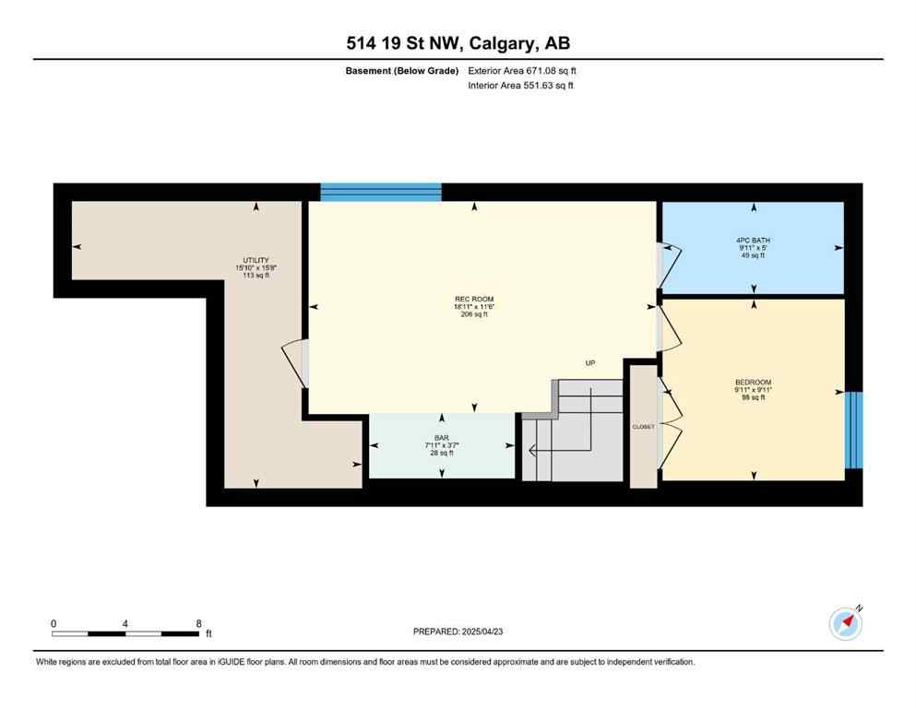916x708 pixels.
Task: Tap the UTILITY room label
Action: pyautogui.click(x=256, y=261)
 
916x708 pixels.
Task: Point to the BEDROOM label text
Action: pyautogui.click(x=753, y=383)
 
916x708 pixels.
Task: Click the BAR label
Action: pyautogui.click(x=441, y=439)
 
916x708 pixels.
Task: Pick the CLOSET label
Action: pyautogui.click(x=643, y=427)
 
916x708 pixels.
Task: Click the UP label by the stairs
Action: pyautogui.click(x=589, y=363)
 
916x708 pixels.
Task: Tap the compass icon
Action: pyautogui.click(x=846, y=624)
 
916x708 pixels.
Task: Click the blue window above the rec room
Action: pyautogui.click(x=381, y=192)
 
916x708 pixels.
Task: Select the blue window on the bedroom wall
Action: pyautogui.click(x=853, y=430)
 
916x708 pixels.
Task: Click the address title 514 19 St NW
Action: pyautogui.click(x=458, y=43)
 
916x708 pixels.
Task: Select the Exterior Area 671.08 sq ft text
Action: pyautogui.click(x=522, y=70)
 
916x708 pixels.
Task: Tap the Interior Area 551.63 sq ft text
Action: pyautogui.click(x=520, y=86)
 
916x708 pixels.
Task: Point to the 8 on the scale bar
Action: pyautogui.click(x=198, y=623)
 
